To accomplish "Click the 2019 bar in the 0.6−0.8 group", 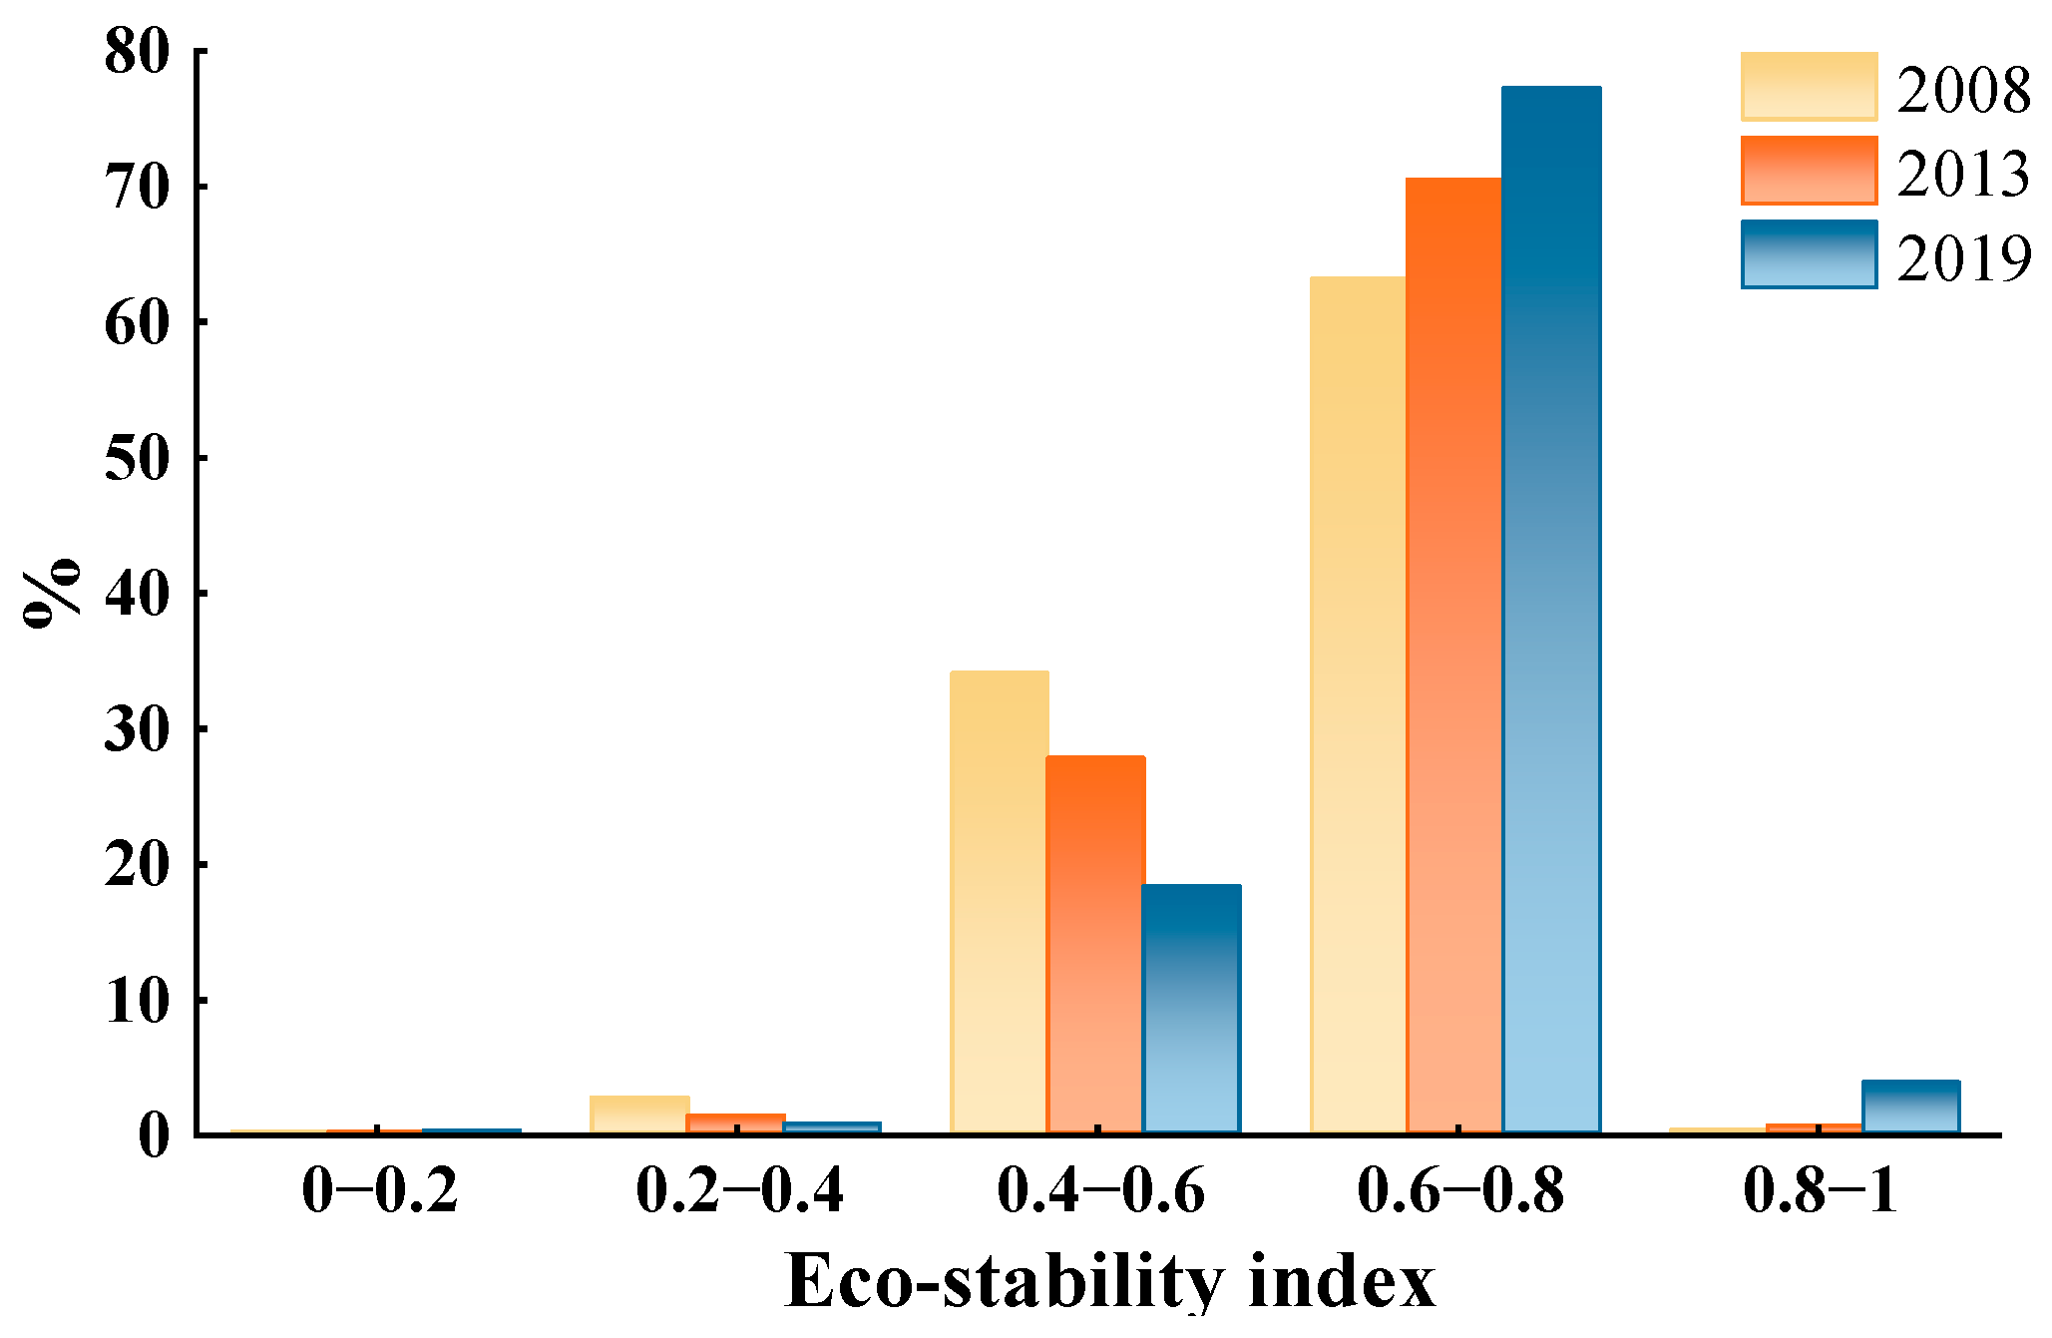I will pyautogui.click(x=1551, y=609).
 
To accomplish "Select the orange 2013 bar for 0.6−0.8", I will pyautogui.click(x=1454, y=654).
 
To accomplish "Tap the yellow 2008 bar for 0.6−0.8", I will pyautogui.click(x=1359, y=703).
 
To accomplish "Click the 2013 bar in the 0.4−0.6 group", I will pyautogui.click(x=1095, y=943).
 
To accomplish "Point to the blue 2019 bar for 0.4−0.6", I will pyautogui.click(x=1191, y=1008).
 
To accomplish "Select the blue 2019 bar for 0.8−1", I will pyautogui.click(x=1910, y=1106).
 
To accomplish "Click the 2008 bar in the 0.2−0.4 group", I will pyautogui.click(x=639, y=1114).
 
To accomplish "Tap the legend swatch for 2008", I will pyautogui.click(x=1809, y=87).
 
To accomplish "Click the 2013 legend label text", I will pyautogui.click(x=1962, y=174).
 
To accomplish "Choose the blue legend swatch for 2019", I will pyautogui.click(x=1809, y=254).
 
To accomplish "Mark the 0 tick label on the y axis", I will pyautogui.click(x=154, y=1134).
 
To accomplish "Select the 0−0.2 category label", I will pyautogui.click(x=379, y=1189).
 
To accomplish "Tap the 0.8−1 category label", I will pyautogui.click(x=1820, y=1189).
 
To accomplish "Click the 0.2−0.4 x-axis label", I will pyautogui.click(x=739, y=1189).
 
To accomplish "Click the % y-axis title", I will pyautogui.click(x=52, y=593).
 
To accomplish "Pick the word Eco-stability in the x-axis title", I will pyautogui.click(x=1003, y=1280).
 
